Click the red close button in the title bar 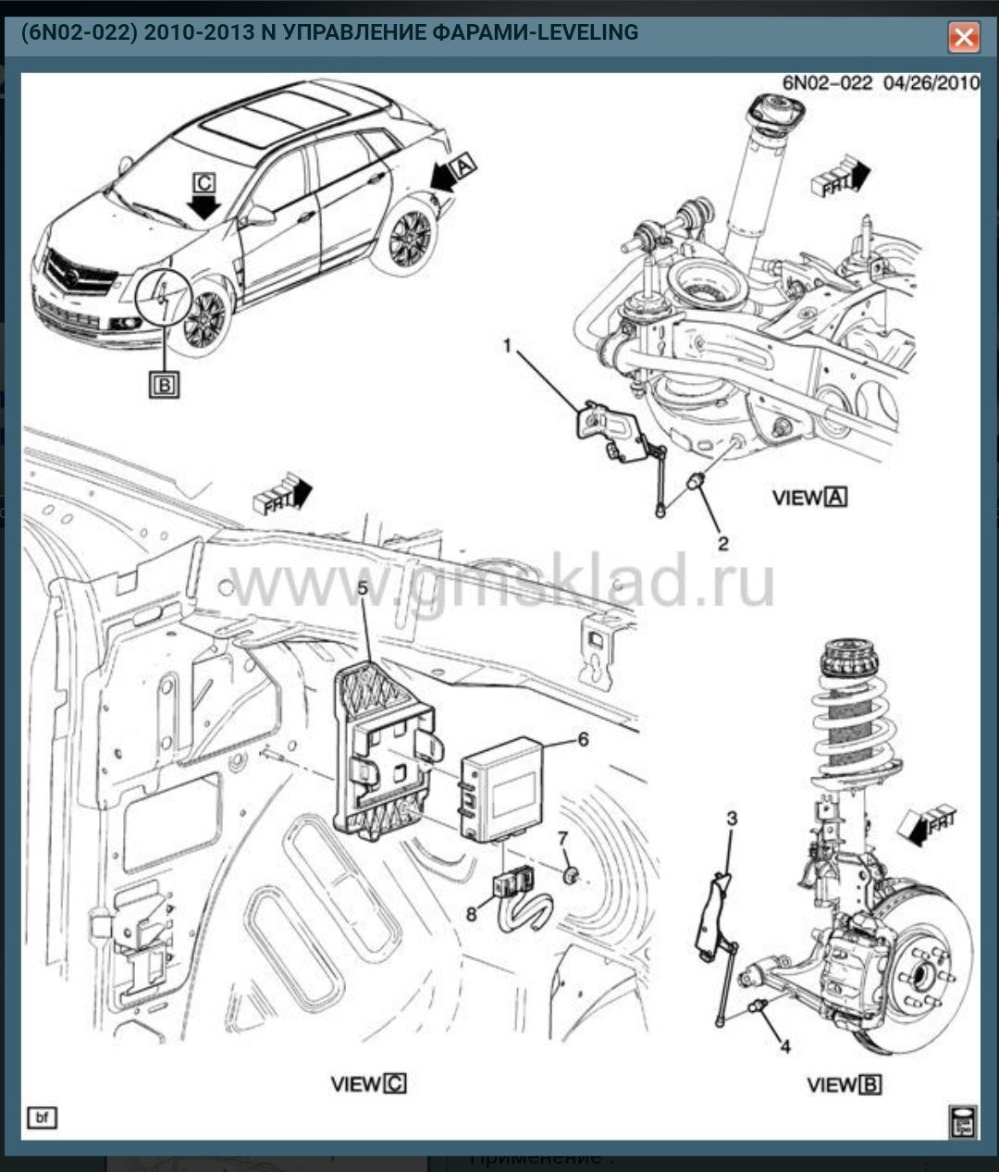coord(963,37)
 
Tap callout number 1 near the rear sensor coord(507,346)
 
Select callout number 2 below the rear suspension coord(722,543)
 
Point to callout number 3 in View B coord(732,818)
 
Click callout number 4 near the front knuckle coord(784,1046)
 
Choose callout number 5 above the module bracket coord(363,587)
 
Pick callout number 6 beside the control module coord(582,739)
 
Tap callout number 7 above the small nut coord(561,838)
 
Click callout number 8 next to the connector coord(472,914)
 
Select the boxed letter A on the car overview coord(462,165)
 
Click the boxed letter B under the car coord(164,383)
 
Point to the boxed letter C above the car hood coord(204,181)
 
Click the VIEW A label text coord(809,498)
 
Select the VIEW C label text coord(368,1083)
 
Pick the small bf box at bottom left coord(42,1117)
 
